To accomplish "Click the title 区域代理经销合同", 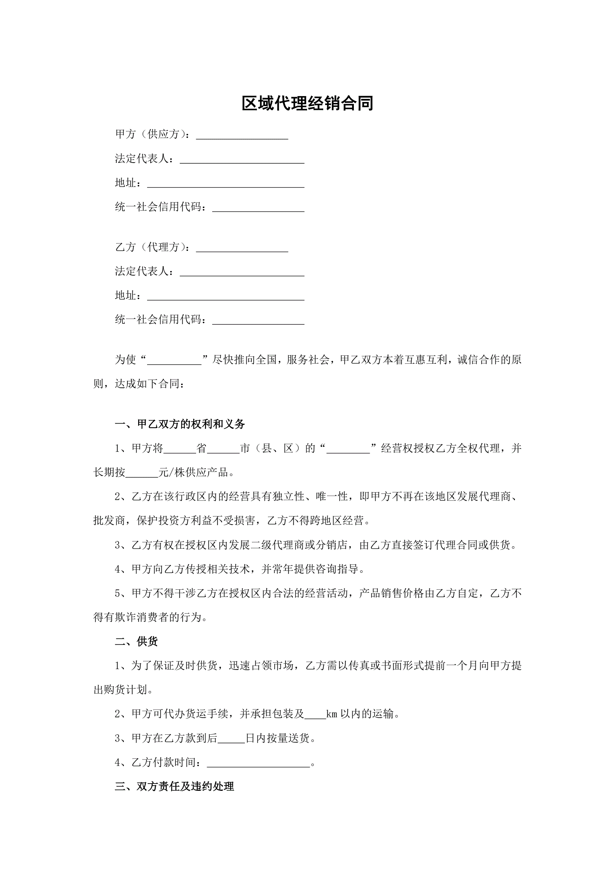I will [x=307, y=103].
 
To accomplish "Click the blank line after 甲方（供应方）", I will [x=242, y=135].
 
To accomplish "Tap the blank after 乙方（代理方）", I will [x=242, y=248].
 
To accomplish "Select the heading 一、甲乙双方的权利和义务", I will [x=180, y=424].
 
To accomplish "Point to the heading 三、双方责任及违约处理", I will [x=175, y=786].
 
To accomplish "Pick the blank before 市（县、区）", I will [x=223, y=449].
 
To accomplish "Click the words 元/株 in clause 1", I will [x=167, y=473].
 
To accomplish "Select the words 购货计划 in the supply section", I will [x=125, y=690].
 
